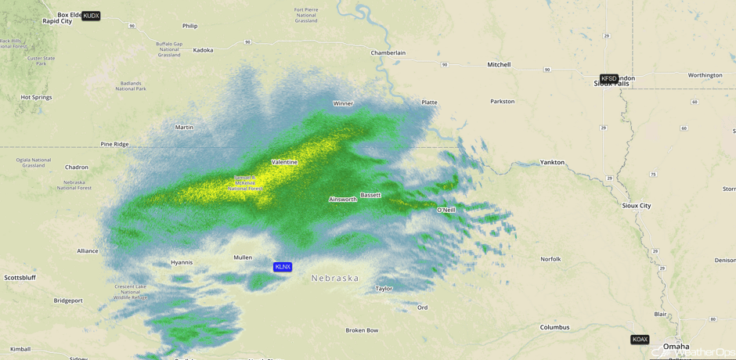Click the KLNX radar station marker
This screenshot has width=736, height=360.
coord(283,267)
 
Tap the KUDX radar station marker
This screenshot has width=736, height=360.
coord(91,16)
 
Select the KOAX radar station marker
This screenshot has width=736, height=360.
coord(640,340)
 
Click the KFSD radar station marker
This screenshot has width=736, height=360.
coord(608,78)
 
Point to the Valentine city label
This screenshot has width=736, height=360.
coord(284,162)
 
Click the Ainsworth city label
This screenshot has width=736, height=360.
coord(343,200)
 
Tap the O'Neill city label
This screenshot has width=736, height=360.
coord(446,210)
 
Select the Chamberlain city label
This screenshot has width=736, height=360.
coord(388,52)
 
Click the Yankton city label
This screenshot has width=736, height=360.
coord(552,162)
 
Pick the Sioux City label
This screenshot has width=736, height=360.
coord(636,206)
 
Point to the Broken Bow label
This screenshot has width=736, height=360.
coord(362,330)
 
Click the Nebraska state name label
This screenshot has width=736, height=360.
coord(335,278)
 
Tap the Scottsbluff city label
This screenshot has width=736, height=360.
coord(21,278)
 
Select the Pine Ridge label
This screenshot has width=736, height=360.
coord(114,144)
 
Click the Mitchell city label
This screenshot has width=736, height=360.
coord(499,65)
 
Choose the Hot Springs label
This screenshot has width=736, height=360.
coord(36,97)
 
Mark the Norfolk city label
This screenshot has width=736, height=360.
coord(550,259)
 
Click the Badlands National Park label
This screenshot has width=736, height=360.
coord(131,86)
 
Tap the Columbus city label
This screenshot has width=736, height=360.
coord(554,327)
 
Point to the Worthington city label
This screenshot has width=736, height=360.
coord(705,75)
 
